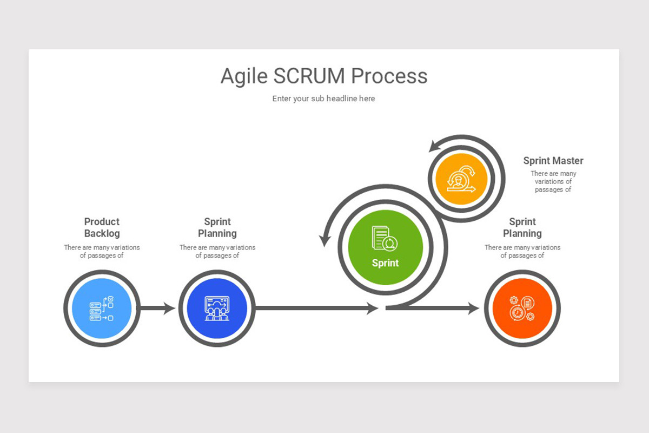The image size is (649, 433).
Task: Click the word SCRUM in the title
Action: pos(310,76)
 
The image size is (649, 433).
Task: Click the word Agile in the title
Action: pos(244,76)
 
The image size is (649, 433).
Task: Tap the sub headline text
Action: pos(323,99)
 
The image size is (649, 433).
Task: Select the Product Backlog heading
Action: pos(102,227)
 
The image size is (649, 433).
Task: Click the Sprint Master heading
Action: pos(553,161)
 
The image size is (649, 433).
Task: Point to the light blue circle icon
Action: pos(102,309)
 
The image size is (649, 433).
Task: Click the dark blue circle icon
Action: pos(217,309)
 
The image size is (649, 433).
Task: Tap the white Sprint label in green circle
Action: pos(385,263)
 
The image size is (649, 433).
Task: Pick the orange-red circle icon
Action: pos(522,309)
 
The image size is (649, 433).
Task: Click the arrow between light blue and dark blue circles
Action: pos(157,309)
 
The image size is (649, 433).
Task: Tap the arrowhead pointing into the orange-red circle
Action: pos(473,309)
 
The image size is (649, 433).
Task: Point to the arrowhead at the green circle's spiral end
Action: pos(326,238)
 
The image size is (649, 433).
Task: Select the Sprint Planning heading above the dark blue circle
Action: pos(217,227)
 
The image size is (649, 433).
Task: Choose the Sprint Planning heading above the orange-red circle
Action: pos(522,227)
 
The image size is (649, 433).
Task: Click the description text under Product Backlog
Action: pos(102,251)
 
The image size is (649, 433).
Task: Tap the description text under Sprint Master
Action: pos(553,181)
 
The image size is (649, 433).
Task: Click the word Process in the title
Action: pos(389,76)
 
